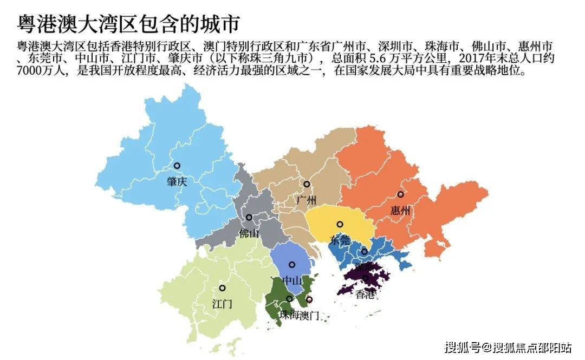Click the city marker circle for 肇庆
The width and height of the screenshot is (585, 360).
(x=177, y=166)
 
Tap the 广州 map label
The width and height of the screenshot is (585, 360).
(x=306, y=200)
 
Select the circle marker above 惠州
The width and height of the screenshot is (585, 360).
(x=400, y=194)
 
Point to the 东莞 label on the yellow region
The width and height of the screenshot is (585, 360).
(x=340, y=240)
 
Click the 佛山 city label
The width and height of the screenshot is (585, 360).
(x=249, y=233)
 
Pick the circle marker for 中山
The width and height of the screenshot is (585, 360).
(x=292, y=265)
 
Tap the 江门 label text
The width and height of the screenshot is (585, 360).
(x=222, y=304)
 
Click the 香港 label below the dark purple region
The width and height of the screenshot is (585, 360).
(x=366, y=294)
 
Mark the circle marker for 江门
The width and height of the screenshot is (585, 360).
(x=222, y=288)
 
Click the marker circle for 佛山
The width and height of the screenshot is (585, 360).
(x=249, y=218)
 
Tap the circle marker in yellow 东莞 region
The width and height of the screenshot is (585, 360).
(x=340, y=224)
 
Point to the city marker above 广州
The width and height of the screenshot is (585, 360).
(x=306, y=184)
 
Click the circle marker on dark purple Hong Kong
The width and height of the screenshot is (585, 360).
(x=365, y=278)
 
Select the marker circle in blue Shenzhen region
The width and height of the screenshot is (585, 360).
(x=365, y=252)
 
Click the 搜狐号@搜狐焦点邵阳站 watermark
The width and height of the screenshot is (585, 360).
(x=508, y=347)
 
